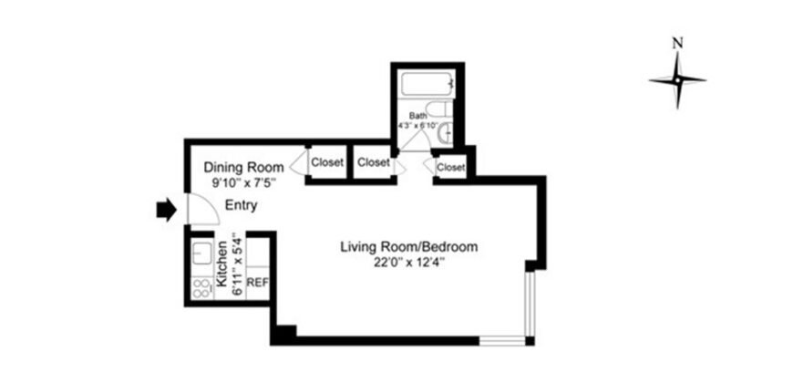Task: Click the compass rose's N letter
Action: (676, 42)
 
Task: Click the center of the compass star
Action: (677, 80)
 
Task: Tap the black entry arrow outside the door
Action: (165, 211)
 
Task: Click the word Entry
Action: (241, 206)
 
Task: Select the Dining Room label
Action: (243, 167)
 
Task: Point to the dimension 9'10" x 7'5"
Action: (243, 183)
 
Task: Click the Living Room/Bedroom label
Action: (409, 246)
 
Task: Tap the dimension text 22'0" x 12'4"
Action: (409, 263)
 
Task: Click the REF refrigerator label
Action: (257, 283)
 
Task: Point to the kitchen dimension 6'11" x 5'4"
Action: (236, 267)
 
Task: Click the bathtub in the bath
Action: (427, 88)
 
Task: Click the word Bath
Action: (417, 116)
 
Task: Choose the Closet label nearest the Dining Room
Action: (328, 163)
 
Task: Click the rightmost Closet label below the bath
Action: (451, 168)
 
